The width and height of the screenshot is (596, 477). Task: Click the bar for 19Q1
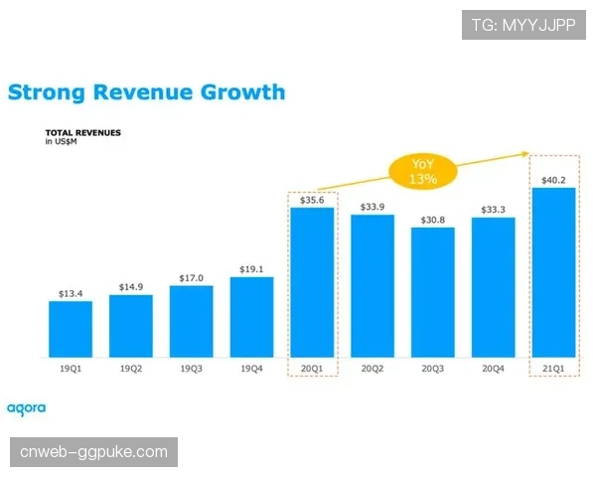(71, 329)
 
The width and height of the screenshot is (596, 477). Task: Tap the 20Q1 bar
(312, 282)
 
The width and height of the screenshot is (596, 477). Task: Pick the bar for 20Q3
(433, 292)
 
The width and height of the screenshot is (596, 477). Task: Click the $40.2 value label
(553, 179)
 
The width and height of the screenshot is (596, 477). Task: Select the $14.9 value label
(131, 286)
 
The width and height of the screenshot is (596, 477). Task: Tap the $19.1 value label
(251, 268)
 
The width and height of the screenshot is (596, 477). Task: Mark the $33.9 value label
(372, 206)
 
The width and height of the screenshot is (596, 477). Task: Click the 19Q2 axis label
(131, 369)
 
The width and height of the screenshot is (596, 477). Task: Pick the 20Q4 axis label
(494, 369)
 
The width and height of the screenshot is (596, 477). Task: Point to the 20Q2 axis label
(372, 369)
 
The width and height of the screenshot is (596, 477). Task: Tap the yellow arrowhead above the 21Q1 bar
(523, 152)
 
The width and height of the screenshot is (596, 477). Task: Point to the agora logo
(27, 407)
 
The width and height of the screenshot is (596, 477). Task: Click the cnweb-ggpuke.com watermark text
(94, 452)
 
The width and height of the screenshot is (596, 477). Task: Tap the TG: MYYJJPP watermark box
(523, 24)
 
